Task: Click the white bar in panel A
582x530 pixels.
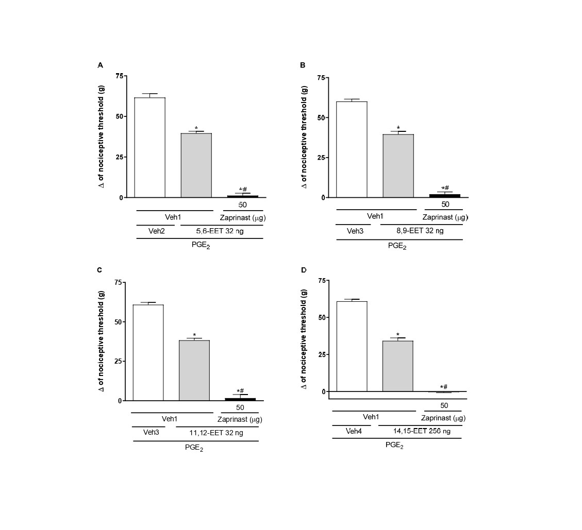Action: pos(149,147)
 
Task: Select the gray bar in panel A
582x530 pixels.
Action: pos(196,165)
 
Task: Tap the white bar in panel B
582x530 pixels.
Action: pos(352,149)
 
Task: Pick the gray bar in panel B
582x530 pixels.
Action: pos(398,165)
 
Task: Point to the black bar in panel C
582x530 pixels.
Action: pos(240,399)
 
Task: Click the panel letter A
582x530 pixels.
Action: pos(101,65)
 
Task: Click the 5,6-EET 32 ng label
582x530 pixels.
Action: pos(220,232)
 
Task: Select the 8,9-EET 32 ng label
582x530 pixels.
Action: pos(420,231)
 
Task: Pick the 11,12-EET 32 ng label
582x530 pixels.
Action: pos(217,433)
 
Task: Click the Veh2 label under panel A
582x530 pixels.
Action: pos(157,232)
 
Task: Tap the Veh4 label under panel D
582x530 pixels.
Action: pos(353,431)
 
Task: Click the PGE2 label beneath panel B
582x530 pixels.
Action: pos(397,246)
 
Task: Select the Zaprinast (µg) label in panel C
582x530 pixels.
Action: pos(240,419)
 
